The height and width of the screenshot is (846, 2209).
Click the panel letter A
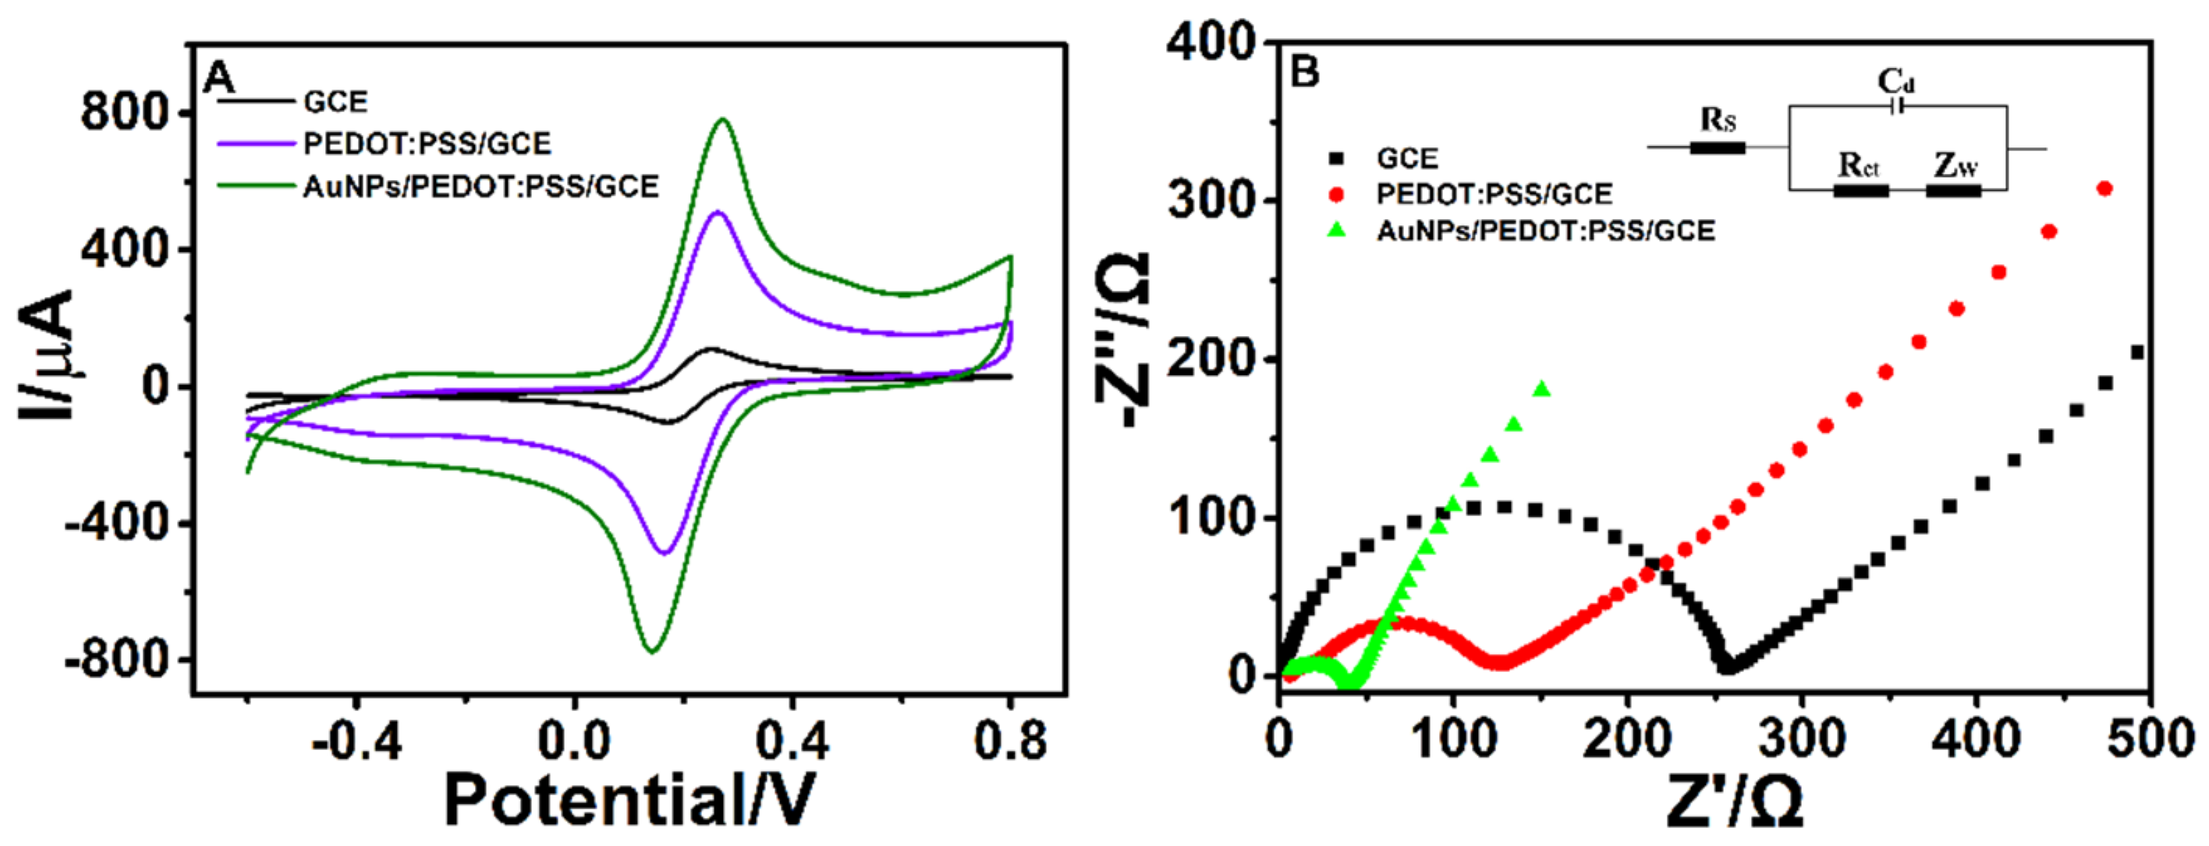point(218,78)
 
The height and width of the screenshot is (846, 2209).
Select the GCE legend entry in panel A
point(335,102)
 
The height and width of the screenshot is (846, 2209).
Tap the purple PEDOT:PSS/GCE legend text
point(427,143)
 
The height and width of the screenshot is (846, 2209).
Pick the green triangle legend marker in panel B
point(1336,230)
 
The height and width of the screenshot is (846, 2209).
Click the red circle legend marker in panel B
point(1336,195)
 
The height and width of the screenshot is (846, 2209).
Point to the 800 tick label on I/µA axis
point(124,112)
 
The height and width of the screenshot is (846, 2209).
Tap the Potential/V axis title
point(629,800)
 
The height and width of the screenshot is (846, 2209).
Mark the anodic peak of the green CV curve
point(723,120)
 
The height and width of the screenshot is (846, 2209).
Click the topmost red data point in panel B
point(2104,189)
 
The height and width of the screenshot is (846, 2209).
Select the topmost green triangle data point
point(1542,390)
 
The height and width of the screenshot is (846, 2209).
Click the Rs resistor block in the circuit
point(1717,147)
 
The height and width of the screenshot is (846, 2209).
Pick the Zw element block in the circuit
point(1953,189)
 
